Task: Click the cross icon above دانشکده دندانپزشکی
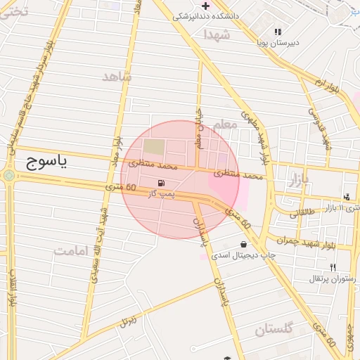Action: (x=205, y=6)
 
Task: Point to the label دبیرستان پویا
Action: (x=278, y=43)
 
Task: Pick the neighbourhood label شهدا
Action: (x=217, y=34)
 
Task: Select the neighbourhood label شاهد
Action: (x=117, y=77)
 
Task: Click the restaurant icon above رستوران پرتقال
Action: (x=333, y=267)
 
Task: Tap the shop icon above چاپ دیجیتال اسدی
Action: (x=243, y=244)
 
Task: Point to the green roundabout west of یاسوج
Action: (x=8, y=176)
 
